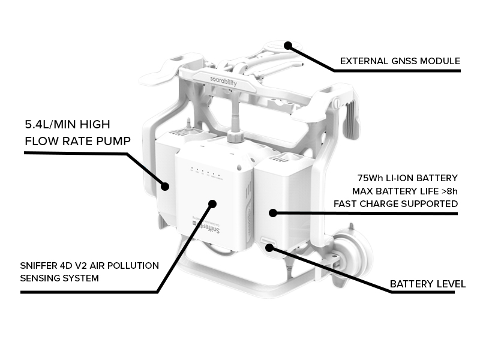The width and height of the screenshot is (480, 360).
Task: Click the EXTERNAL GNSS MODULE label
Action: [x=400, y=61]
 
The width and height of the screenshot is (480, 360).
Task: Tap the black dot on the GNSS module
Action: [x=288, y=45]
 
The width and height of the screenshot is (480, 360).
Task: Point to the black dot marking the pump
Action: [x=165, y=186]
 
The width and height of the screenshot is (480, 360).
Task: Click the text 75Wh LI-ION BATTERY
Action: [x=407, y=178]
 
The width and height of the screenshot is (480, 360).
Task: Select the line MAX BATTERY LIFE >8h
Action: [x=405, y=191]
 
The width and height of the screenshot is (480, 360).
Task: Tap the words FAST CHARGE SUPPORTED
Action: [x=395, y=204]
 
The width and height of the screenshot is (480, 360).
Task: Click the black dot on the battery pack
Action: [x=272, y=212]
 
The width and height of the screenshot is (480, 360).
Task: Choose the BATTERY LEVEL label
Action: [x=427, y=284]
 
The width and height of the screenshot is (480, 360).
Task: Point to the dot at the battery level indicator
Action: [x=268, y=246]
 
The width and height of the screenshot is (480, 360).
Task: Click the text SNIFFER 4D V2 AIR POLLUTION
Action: [x=89, y=265]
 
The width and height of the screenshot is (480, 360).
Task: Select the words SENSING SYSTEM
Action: [x=58, y=278]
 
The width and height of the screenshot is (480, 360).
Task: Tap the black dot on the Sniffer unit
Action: [x=212, y=204]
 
